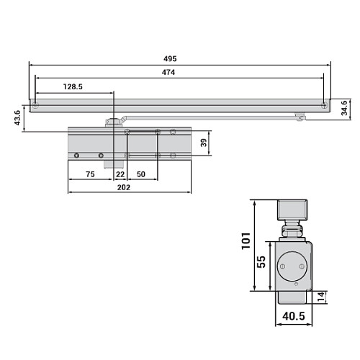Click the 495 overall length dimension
(170, 59)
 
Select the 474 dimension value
(168, 72)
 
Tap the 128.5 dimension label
(73, 86)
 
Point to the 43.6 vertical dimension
(17, 118)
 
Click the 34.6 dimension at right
(344, 108)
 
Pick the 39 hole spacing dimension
(204, 143)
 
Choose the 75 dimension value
(90, 174)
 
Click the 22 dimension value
(120, 174)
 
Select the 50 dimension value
(141, 174)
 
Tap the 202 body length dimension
(124, 187)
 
